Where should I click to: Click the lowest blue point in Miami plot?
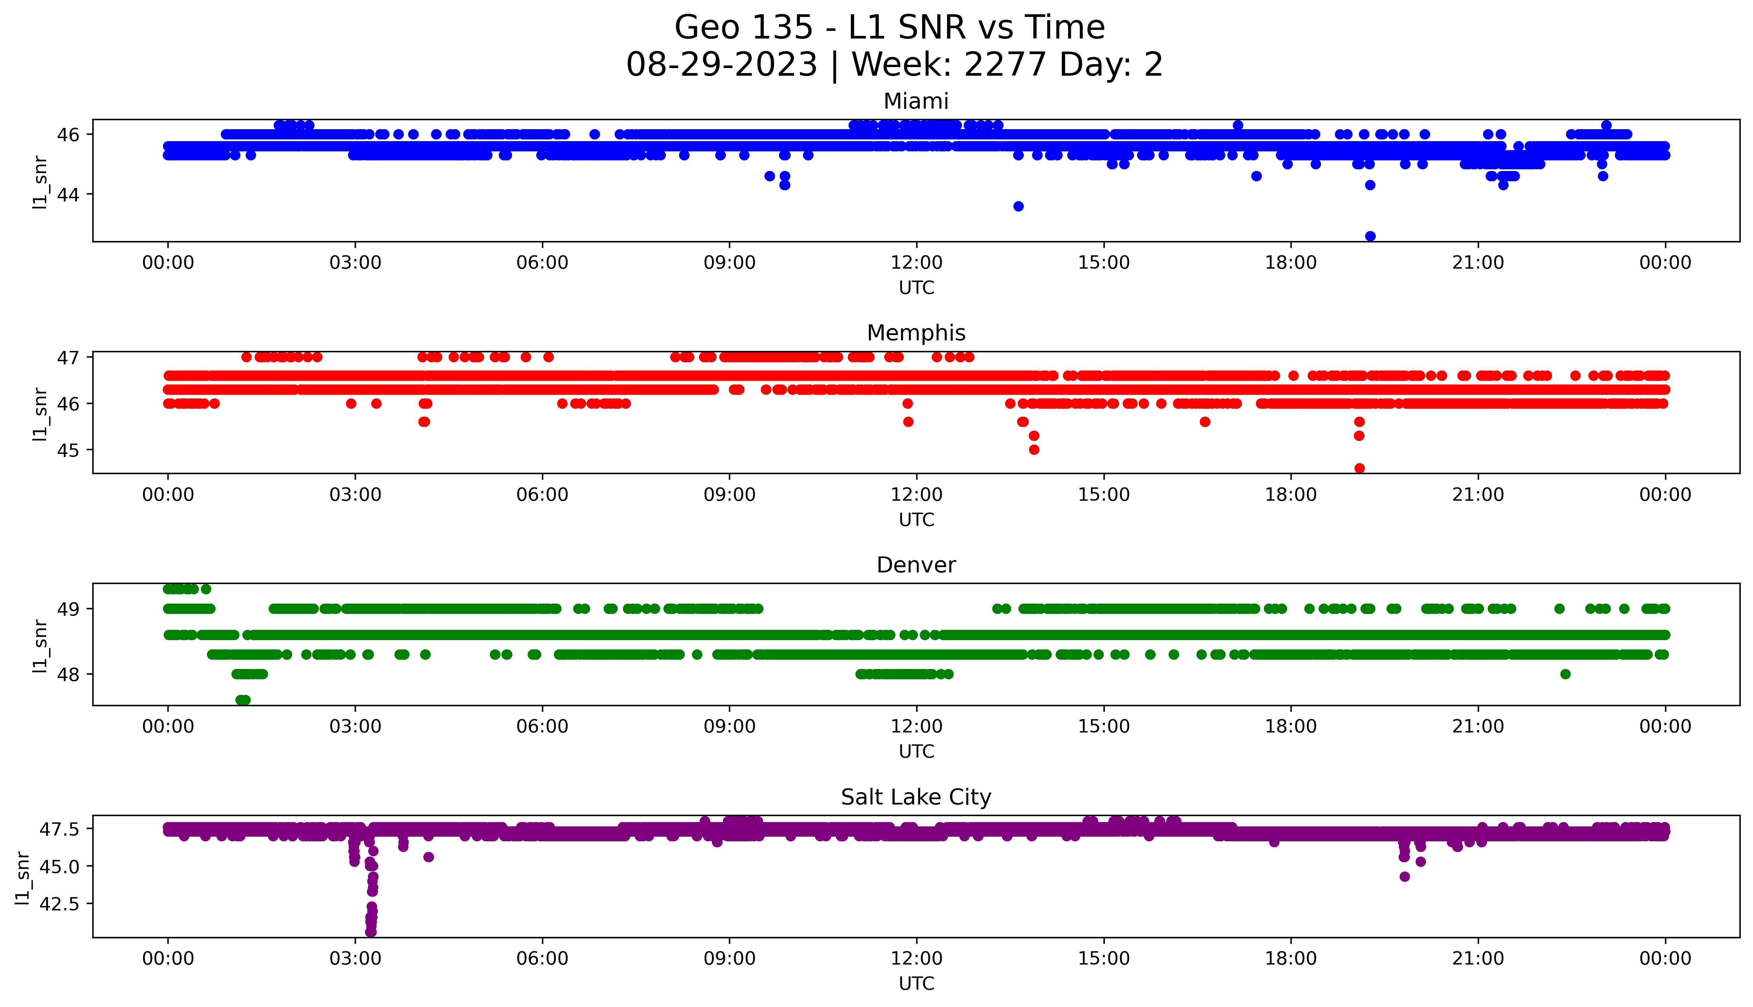1370,236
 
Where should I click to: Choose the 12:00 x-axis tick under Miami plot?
916,263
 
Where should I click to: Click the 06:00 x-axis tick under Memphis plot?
542,494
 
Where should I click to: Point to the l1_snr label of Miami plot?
40,182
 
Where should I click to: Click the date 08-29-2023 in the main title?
722,65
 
